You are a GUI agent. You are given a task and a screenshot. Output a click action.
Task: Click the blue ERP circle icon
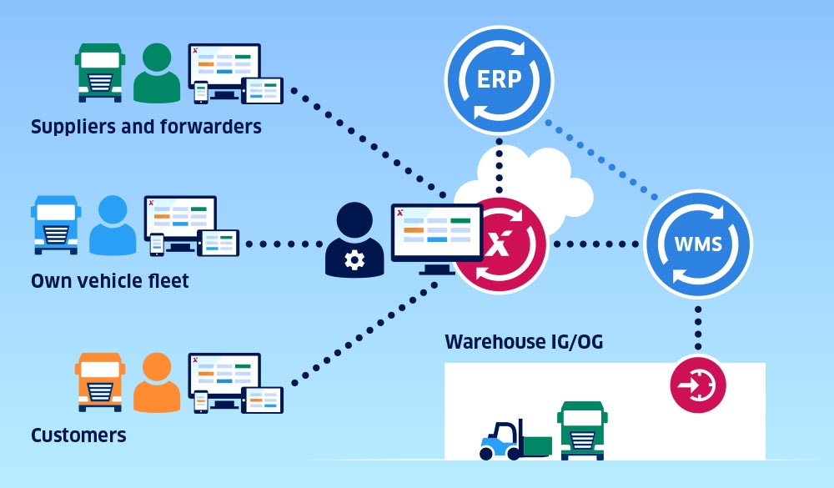coord(500,80)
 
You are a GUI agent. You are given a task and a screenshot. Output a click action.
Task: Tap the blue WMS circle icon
coord(698,244)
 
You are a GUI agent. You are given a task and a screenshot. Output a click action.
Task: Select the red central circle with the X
coord(500,245)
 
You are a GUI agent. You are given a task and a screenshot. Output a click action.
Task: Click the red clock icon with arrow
coord(698,385)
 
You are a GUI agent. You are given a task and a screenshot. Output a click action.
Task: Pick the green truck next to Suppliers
coord(99,73)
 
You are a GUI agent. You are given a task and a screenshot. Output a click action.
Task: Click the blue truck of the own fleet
coord(56,225)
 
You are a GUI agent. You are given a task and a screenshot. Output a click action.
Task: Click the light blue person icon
coord(113,226)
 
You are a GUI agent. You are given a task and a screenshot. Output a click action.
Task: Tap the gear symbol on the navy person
coord(354,260)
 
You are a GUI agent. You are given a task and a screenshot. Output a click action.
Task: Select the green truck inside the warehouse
coord(581,430)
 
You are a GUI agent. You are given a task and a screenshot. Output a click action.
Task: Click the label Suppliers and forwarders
coord(146,127)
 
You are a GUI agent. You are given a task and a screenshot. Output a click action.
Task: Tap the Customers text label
coord(78,435)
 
